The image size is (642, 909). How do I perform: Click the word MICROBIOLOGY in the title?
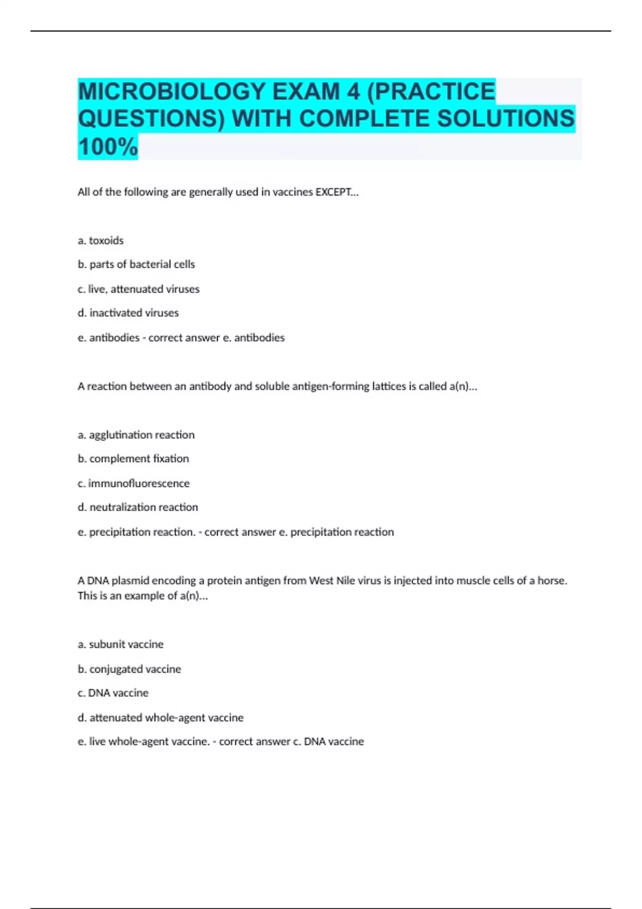[172, 91]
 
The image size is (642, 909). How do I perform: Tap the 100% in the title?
[108, 147]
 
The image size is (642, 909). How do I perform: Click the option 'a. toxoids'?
[101, 241]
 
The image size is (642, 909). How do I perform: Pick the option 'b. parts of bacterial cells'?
[136, 264]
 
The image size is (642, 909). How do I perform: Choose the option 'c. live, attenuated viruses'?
[139, 289]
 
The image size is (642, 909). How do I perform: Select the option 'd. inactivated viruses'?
[128, 313]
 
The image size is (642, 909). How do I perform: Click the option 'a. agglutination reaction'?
[136, 435]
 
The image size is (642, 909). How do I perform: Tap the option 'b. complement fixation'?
[133, 458]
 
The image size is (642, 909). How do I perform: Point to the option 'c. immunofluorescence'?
[134, 483]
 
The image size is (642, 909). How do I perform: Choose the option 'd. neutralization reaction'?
[138, 507]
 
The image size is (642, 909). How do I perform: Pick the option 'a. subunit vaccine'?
[120, 644]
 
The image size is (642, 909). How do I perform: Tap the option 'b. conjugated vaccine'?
[129, 669]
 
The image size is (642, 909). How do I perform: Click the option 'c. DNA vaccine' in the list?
[113, 693]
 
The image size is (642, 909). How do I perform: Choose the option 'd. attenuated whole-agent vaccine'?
[160, 718]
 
